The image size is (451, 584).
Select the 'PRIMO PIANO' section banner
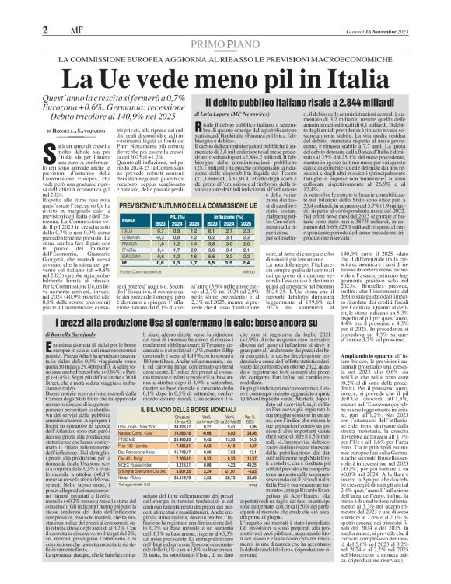tap(226, 44)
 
